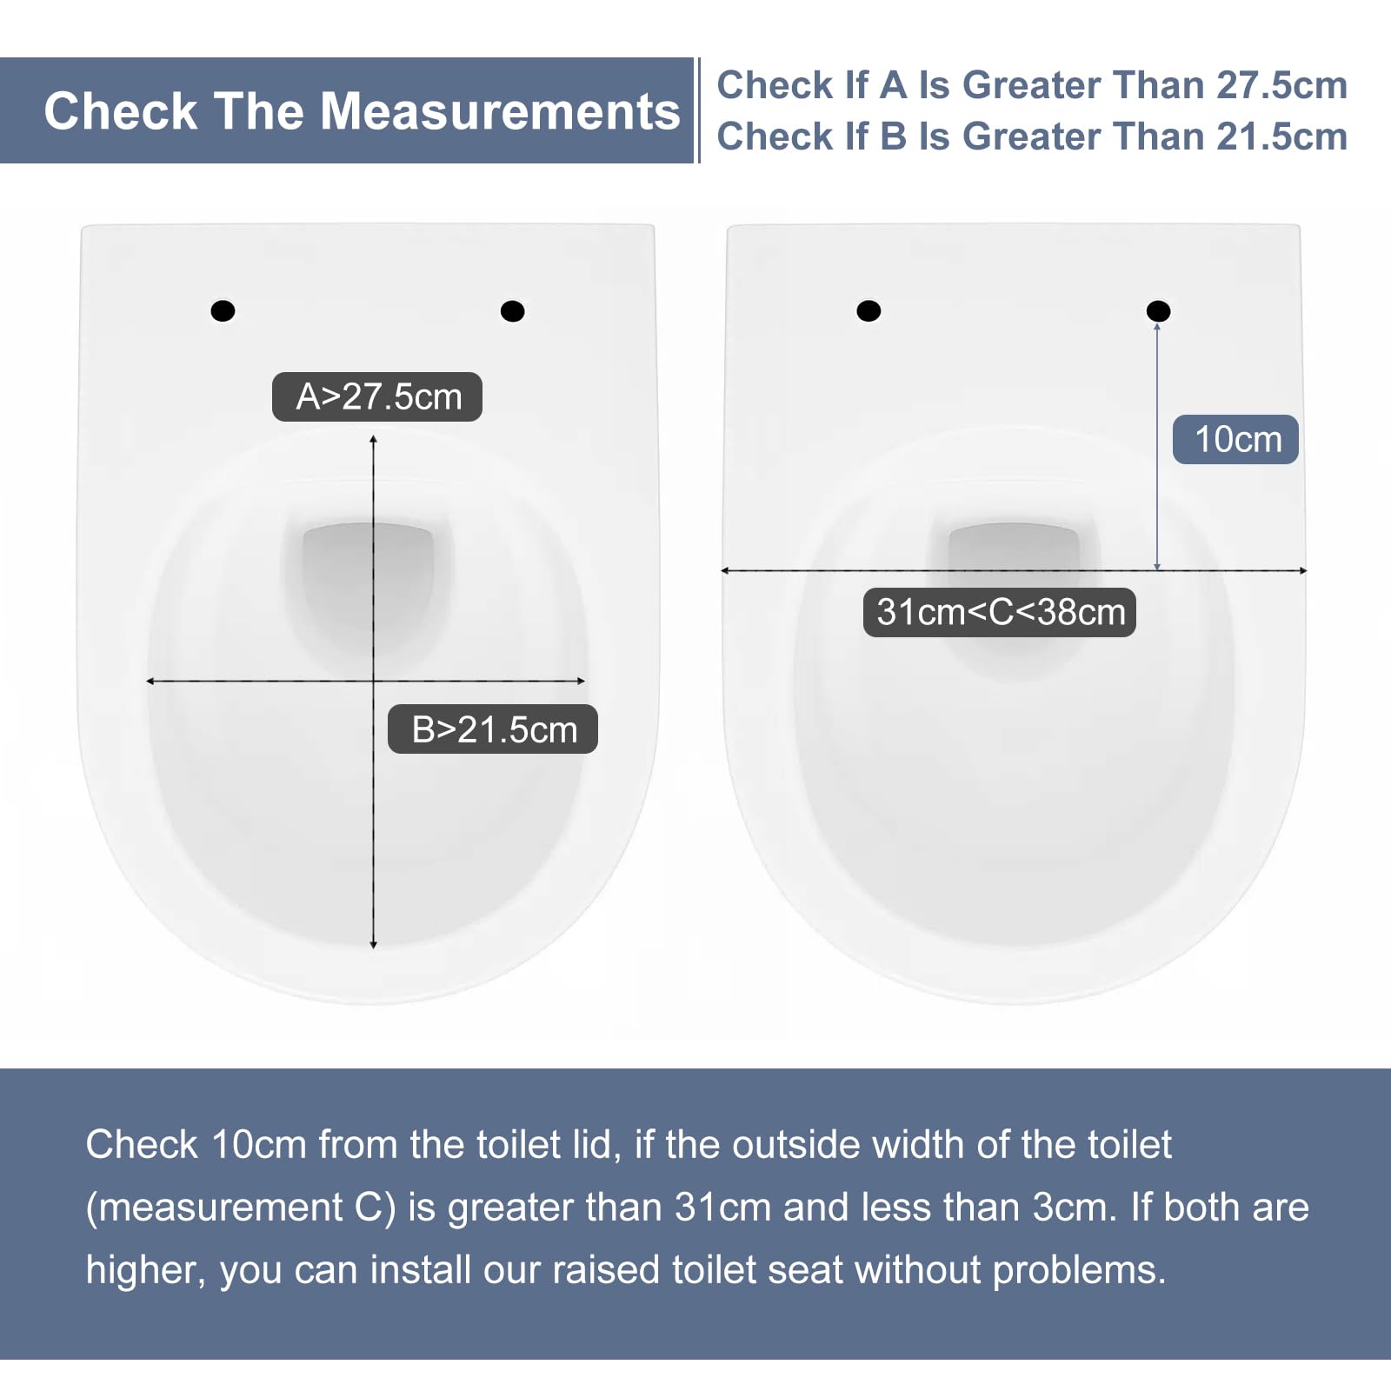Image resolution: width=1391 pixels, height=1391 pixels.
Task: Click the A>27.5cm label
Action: pos(377,396)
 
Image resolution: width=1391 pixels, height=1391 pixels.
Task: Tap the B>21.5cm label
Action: pos(493,729)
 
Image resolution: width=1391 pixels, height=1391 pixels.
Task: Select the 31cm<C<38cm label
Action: pos(1000,612)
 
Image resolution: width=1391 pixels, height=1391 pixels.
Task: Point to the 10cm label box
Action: pos(1235,439)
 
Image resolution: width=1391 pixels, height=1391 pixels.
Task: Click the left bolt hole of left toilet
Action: pos(223,310)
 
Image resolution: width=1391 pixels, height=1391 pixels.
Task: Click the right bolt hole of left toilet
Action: pos(513,310)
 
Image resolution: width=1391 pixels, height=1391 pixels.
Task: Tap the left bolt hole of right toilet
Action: pos(869,310)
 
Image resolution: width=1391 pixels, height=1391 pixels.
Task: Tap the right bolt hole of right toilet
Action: pos(1158,310)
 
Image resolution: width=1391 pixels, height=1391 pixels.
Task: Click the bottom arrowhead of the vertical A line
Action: pos(374,945)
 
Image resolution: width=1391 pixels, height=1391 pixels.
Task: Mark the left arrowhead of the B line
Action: pos(150,681)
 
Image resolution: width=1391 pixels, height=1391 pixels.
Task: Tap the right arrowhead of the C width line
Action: pos(1303,570)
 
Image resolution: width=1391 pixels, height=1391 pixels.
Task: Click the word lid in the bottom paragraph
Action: pos(596,1144)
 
